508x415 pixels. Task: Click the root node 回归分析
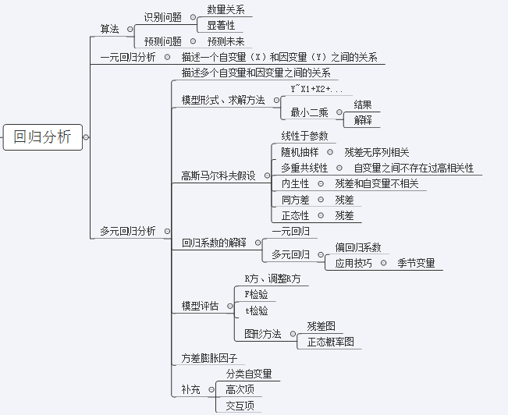42,137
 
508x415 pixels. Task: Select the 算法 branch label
110,29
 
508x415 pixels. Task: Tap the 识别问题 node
163,16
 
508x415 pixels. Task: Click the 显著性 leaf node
220,25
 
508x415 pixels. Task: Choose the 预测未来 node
226,41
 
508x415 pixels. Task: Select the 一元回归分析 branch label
128,57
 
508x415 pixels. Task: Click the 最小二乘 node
310,112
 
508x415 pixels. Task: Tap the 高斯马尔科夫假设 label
218,176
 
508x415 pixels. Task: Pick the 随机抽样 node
300,152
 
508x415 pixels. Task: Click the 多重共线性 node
305,168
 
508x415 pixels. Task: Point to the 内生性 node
295,183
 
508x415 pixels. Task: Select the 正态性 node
295,215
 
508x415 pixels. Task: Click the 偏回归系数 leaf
358,247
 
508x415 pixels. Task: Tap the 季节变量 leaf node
416,263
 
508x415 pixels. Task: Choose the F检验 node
256,294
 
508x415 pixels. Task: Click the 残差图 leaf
321,326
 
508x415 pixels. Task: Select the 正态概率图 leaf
330,342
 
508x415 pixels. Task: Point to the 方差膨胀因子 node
209,358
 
